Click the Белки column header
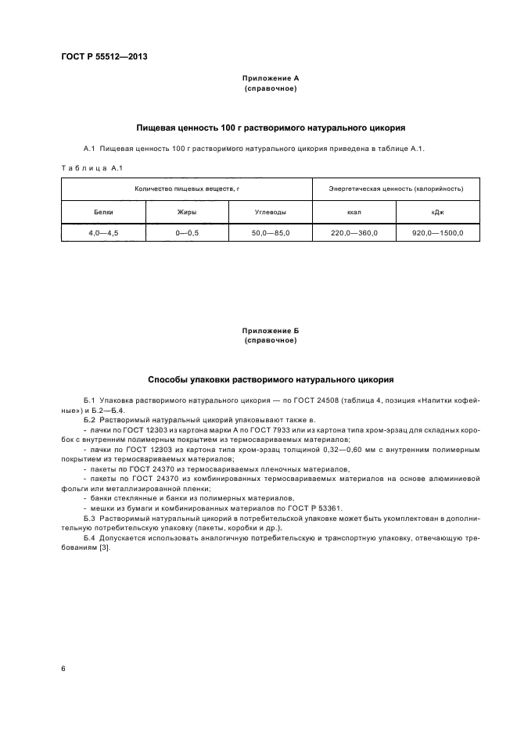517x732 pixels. click(x=103, y=212)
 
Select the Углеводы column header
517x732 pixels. click(x=270, y=212)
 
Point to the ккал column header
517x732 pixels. click(x=354, y=212)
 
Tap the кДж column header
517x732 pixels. click(x=438, y=212)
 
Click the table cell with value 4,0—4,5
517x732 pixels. click(x=103, y=233)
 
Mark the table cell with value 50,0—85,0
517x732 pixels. click(x=270, y=233)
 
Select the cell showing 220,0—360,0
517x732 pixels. click(x=354, y=233)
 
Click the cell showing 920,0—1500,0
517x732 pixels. click(x=438, y=233)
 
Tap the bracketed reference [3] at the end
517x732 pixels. click(x=105, y=547)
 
